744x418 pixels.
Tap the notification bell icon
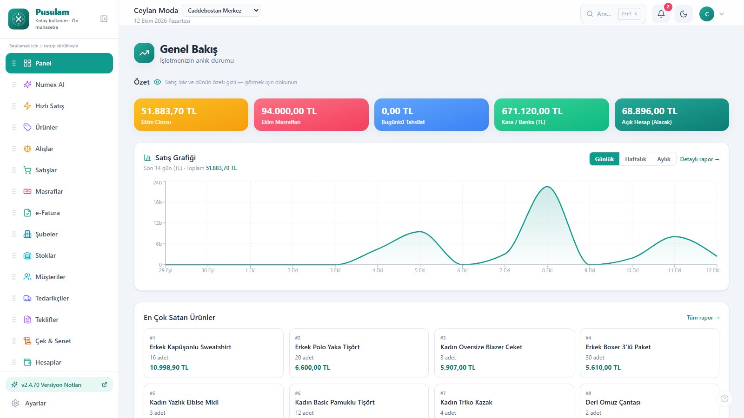(x=661, y=14)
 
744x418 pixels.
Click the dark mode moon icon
(x=683, y=14)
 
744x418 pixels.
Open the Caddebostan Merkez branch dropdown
(x=221, y=11)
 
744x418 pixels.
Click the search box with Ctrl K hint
(x=613, y=14)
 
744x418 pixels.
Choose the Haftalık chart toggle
(x=635, y=159)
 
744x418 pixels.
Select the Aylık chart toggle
(x=664, y=159)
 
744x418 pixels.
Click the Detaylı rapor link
(x=699, y=159)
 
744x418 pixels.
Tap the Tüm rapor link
(x=703, y=318)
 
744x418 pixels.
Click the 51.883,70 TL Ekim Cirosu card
(x=191, y=114)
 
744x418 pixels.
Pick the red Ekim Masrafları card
(x=311, y=114)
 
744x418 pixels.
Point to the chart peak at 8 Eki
(x=547, y=187)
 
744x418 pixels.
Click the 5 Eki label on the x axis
(x=420, y=270)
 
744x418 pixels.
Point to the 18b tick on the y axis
(x=157, y=202)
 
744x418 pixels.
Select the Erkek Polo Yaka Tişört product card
(x=359, y=353)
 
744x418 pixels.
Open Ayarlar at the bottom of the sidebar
(x=35, y=403)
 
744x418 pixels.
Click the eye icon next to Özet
(x=158, y=82)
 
